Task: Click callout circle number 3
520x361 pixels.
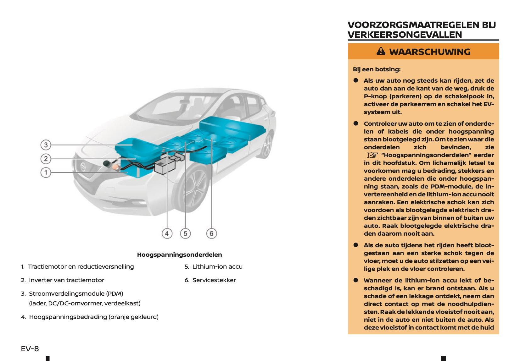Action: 46,145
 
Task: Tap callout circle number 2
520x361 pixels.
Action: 46,159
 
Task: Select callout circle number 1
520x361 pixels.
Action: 46,172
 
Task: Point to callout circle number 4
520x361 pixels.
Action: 167,233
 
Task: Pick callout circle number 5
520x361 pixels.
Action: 185,233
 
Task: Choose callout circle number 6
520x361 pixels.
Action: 211,233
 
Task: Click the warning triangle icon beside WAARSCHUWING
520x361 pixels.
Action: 381,51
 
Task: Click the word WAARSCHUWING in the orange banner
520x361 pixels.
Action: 430,52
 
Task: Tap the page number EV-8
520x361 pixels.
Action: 30,348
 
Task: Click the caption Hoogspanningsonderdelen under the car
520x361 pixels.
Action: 179,254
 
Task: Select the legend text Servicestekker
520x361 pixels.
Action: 214,280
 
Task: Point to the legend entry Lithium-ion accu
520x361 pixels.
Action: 217,266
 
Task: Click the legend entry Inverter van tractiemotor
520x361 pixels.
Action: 66,280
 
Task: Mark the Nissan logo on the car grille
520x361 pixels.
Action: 83,167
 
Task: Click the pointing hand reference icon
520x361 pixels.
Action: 372,155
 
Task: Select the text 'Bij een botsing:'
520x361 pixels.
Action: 377,69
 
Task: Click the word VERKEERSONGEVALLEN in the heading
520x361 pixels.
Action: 405,35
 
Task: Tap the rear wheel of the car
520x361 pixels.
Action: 267,145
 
